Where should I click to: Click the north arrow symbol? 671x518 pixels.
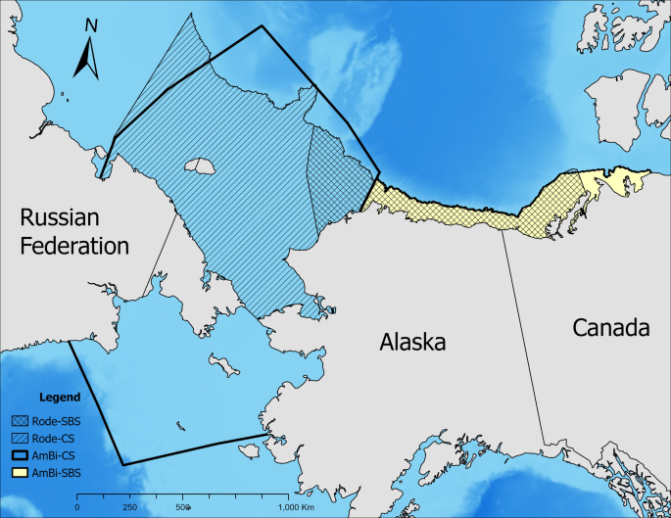pos(87,60)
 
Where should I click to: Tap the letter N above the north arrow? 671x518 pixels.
pos(90,25)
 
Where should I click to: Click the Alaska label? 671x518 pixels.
pos(412,343)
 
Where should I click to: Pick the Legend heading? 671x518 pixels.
pos(59,399)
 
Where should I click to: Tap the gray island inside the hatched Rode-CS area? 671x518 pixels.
pos(204,167)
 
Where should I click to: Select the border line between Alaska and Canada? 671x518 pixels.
pos(523,333)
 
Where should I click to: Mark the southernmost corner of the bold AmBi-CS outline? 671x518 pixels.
pos(122,464)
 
